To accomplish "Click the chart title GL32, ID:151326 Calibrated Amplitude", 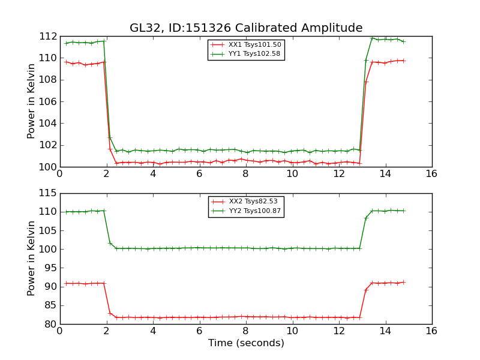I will point(246,28).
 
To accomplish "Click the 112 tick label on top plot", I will point(48,37).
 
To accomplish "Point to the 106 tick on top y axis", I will point(48,101).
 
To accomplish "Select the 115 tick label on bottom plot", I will point(48,193).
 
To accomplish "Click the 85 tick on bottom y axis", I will point(50,305).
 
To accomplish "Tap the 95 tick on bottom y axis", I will point(50,268).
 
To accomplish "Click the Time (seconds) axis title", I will point(246,343).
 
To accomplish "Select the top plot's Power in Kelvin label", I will point(32,101).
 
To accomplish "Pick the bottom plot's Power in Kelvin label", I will point(32,259).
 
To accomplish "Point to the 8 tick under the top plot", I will point(245,174).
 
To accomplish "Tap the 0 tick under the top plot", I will point(59,174).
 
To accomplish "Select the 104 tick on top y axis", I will point(48,123).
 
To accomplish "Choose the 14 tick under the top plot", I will point(385,174).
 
